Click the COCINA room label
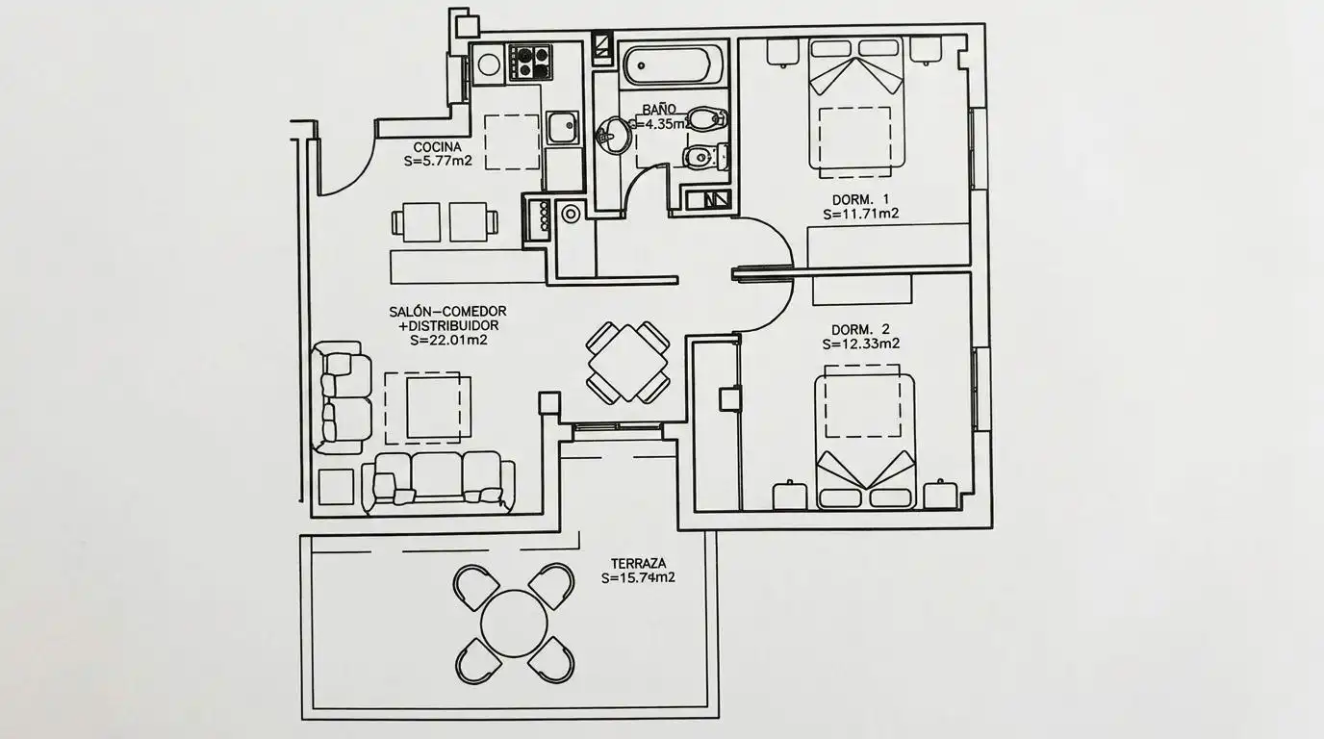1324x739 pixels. pos(437,147)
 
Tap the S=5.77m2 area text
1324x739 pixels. pos(438,161)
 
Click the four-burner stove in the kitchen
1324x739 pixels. pos(529,63)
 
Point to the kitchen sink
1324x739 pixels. pos(562,128)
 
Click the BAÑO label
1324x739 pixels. pos(659,110)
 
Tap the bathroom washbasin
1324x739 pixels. pos(613,135)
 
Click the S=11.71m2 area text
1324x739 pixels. pos(860,214)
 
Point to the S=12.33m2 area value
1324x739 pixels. pos(860,344)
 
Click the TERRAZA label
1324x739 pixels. pos(638,564)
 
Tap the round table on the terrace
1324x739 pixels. pos(514,624)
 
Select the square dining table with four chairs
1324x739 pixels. pos(627,363)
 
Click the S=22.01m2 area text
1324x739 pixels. pos(448,340)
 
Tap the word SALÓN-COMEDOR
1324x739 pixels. pos(447,311)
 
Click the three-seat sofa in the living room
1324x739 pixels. pos(438,482)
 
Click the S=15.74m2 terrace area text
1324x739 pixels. pos(638,577)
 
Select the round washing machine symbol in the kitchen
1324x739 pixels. pos(489,64)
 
